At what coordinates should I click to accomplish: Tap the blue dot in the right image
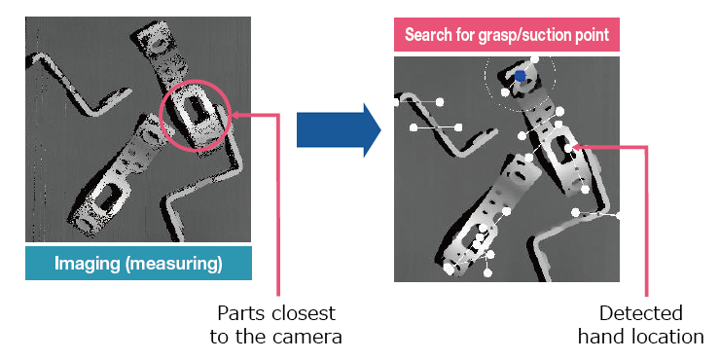tap(521, 75)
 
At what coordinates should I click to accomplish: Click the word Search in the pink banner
tap(431, 35)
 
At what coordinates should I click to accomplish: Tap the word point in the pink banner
tap(590, 35)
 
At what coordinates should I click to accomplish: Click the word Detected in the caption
tap(640, 314)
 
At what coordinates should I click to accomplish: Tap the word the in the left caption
tap(252, 338)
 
